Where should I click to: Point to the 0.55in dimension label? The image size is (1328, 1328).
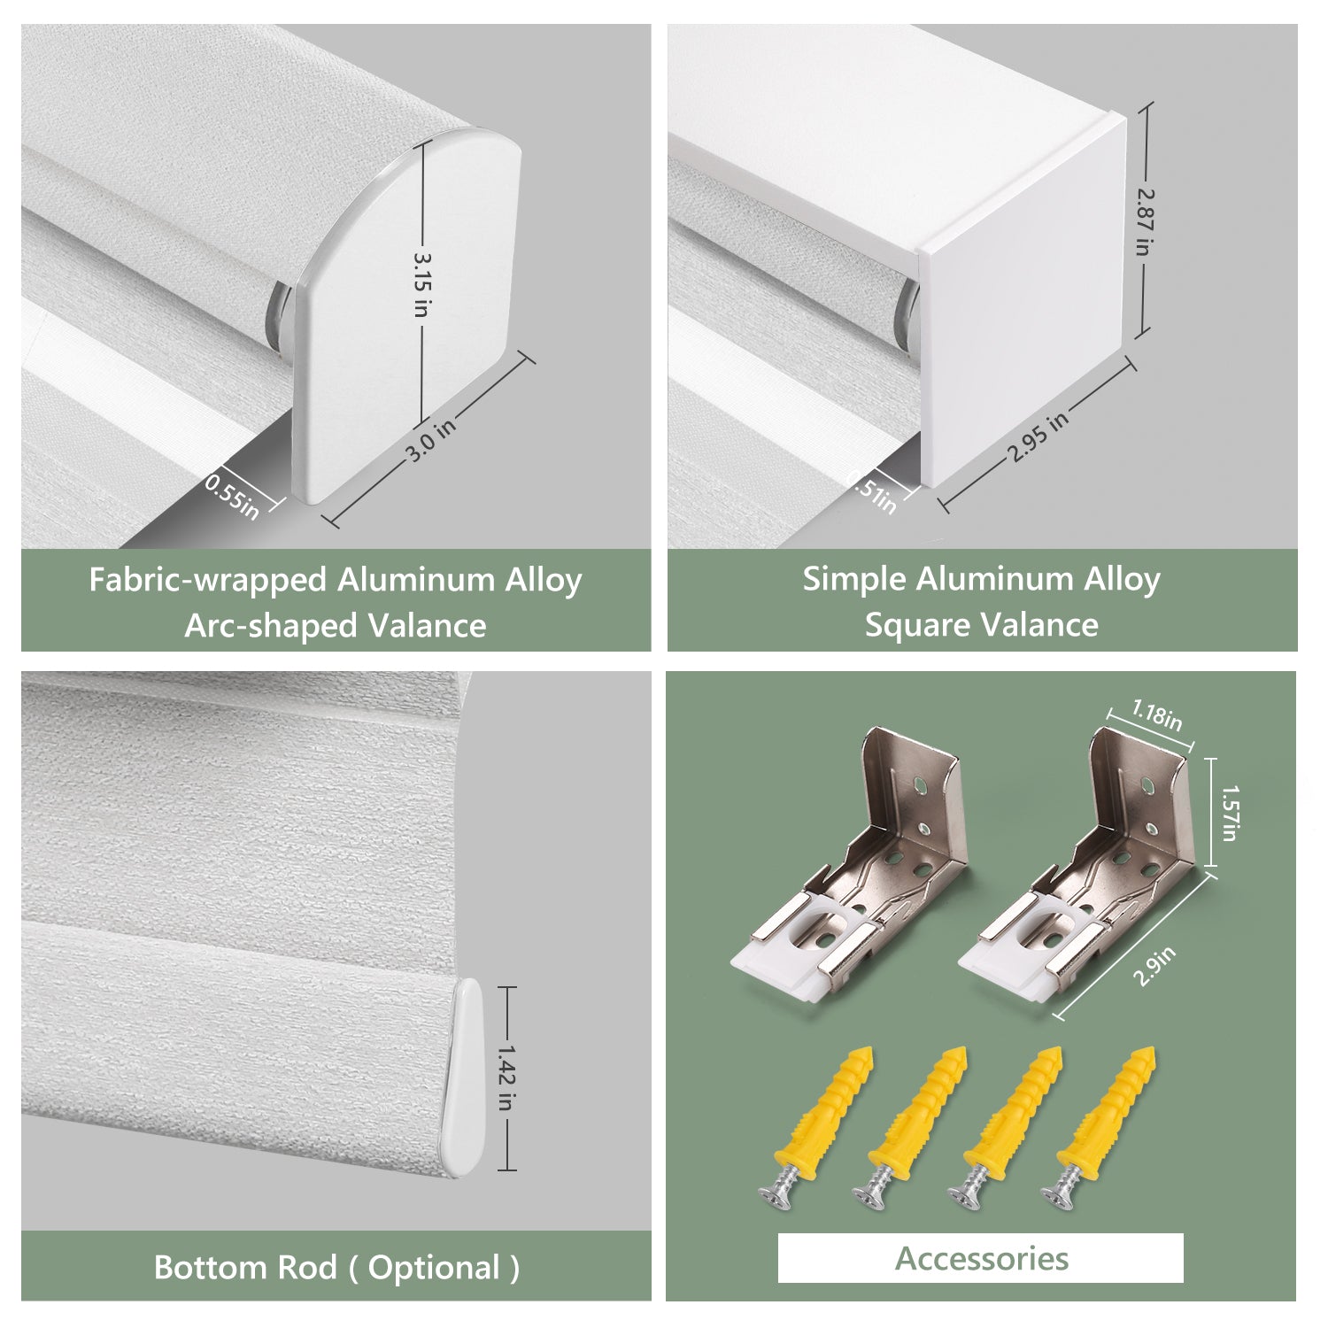coord(232,496)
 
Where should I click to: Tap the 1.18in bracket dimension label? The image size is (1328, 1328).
coord(1157,714)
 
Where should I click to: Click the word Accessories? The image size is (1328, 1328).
coord(982,1258)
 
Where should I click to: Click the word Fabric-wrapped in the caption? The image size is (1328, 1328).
coord(208,581)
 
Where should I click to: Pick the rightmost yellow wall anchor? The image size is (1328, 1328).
coord(1107,1124)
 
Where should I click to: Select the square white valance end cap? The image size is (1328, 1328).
coord(1023,301)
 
